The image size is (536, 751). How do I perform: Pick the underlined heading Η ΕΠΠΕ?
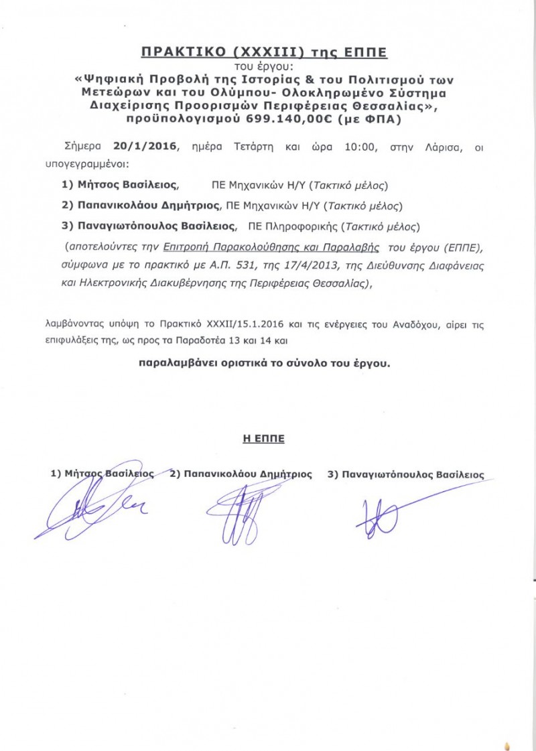(263, 439)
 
